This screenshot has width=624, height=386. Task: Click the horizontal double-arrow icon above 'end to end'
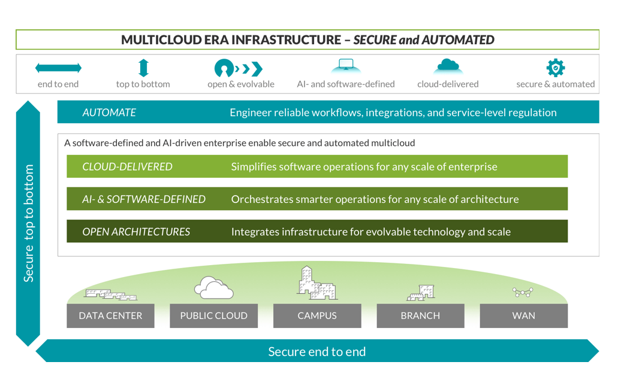pyautogui.click(x=58, y=68)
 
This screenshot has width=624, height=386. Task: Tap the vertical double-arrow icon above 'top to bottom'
pyautogui.click(x=143, y=68)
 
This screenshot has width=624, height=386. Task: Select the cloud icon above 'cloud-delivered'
pyautogui.click(x=448, y=66)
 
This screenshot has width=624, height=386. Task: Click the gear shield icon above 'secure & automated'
pyautogui.click(x=555, y=68)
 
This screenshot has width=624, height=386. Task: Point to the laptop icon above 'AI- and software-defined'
pyautogui.click(x=345, y=65)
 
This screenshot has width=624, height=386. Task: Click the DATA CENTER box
pyautogui.click(x=110, y=315)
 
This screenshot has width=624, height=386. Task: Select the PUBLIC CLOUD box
pyautogui.click(x=213, y=315)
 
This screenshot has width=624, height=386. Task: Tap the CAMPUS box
pyautogui.click(x=317, y=315)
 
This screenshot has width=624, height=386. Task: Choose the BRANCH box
pyautogui.click(x=420, y=315)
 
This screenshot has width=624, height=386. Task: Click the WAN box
pyautogui.click(x=523, y=315)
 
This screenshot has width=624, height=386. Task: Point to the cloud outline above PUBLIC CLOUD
pyautogui.click(x=213, y=288)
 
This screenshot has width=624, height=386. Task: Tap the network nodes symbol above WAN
pyautogui.click(x=523, y=292)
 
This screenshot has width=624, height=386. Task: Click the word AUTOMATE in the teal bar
pyautogui.click(x=109, y=113)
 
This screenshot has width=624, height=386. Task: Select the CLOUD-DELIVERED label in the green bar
pyautogui.click(x=127, y=166)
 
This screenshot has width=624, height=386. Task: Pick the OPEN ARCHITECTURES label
pyautogui.click(x=136, y=232)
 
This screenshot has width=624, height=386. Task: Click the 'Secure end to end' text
pyautogui.click(x=316, y=351)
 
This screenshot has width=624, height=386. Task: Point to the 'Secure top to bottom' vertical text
pyautogui.click(x=28, y=223)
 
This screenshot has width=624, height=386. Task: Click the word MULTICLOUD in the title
pyautogui.click(x=158, y=40)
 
